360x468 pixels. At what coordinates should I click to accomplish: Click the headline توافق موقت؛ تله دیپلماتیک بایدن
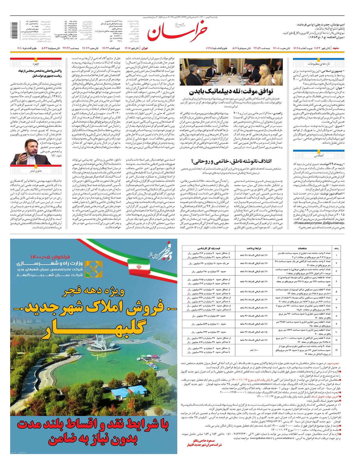point(231,92)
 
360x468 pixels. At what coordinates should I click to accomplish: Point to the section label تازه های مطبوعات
point(319,64)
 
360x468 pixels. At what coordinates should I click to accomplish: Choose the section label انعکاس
point(319,156)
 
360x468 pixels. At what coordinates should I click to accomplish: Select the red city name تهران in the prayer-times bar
point(145,48)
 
